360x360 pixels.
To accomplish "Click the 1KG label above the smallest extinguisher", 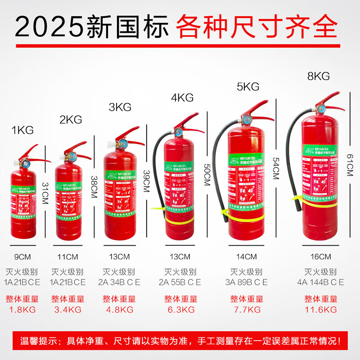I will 22,130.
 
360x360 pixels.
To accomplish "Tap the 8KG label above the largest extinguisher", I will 319,76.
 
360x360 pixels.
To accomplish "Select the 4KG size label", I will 182,97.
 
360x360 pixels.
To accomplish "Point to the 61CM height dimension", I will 350,164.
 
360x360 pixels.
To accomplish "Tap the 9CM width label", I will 22,257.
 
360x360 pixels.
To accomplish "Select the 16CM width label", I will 320,257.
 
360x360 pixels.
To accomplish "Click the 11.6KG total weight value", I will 320,310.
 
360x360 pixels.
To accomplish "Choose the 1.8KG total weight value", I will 22,310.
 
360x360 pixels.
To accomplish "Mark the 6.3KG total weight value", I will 180,310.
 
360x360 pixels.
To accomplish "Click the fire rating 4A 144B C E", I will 320,282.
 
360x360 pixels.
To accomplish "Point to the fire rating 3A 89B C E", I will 246,282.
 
